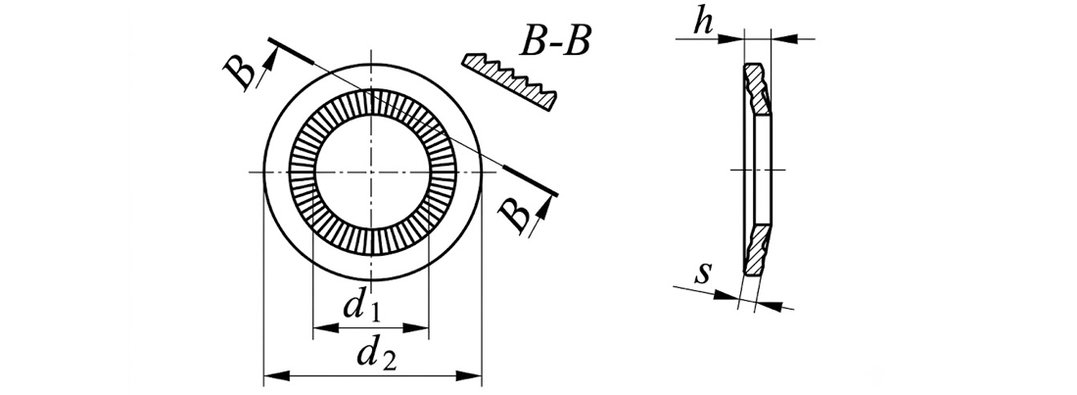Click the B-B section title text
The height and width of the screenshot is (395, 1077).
pos(554,43)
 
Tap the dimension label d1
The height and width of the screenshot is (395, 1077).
pos(362,307)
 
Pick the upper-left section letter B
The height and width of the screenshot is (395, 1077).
pos(241,73)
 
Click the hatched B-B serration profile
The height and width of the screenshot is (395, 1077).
pos(510,81)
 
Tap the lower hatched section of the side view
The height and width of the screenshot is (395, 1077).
pos(758,250)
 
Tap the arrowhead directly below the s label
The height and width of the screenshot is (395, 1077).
pos(726,296)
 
